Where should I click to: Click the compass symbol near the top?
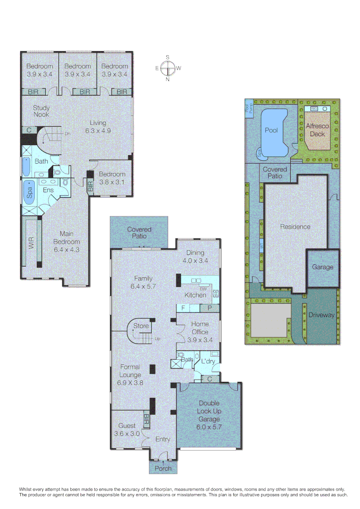pyautogui.click(x=167, y=68)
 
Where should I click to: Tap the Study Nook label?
pyautogui.click(x=41, y=111)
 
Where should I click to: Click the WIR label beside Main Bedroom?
pyautogui.click(x=32, y=244)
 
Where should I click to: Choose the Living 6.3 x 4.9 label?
pyautogui.click(x=98, y=127)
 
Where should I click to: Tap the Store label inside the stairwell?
pyautogui.click(x=141, y=326)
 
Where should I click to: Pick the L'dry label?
pyautogui.click(x=208, y=361)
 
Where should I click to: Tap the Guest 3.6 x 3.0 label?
pyautogui.click(x=127, y=430)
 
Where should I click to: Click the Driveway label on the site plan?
pyautogui.click(x=321, y=315)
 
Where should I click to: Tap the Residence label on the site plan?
pyautogui.click(x=295, y=227)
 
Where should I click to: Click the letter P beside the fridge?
pyautogui.click(x=209, y=308)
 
